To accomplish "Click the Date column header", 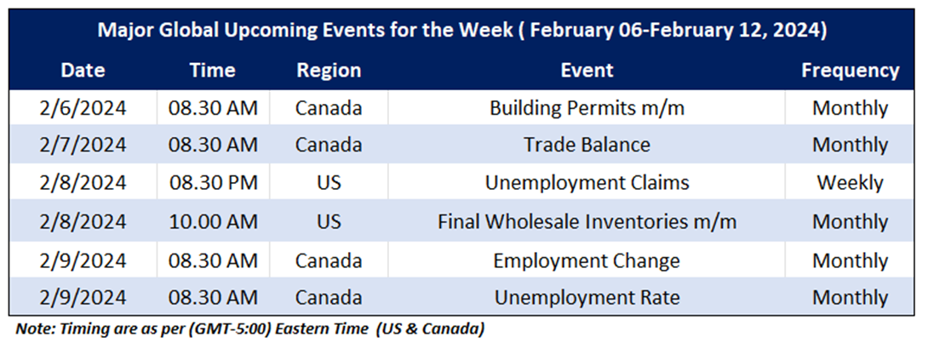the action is coord(83,71).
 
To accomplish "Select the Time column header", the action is coord(213,71).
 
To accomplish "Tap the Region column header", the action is coord(329,71).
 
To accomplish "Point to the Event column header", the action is coord(587,71).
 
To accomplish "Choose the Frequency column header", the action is coord(850,71).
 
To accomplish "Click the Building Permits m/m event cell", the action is coord(587,108).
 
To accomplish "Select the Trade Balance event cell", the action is coord(587,145).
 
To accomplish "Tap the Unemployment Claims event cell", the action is coord(587,183).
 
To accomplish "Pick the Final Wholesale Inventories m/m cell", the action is coord(587,221).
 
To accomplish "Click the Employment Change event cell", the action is coord(587,260).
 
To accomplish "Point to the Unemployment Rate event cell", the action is coord(587,297).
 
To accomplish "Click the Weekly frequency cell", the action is coord(850,183).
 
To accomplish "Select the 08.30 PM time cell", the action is coord(213,183).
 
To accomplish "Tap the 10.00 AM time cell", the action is coord(213,221).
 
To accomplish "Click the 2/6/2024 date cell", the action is coord(83,108).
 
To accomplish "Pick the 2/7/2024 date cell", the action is coord(83,145).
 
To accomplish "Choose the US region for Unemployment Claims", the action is coord(329,183).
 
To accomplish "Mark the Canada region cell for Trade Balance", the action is coord(329,145).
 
